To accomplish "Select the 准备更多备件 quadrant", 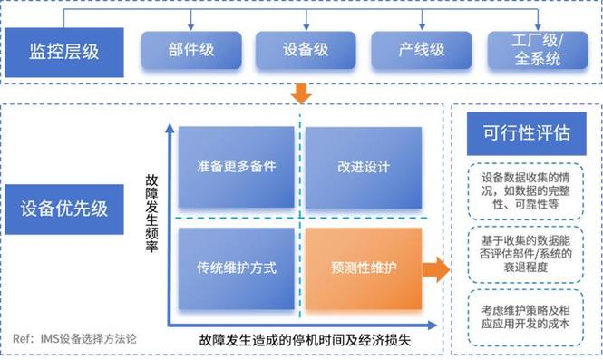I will [236, 167].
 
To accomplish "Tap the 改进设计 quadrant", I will [363, 167].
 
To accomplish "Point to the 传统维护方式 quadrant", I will [236, 269].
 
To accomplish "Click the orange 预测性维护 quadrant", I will [363, 269].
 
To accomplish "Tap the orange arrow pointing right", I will [437, 269].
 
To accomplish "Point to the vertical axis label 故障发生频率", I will [151, 213].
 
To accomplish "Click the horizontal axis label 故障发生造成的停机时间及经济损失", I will [306, 341].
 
